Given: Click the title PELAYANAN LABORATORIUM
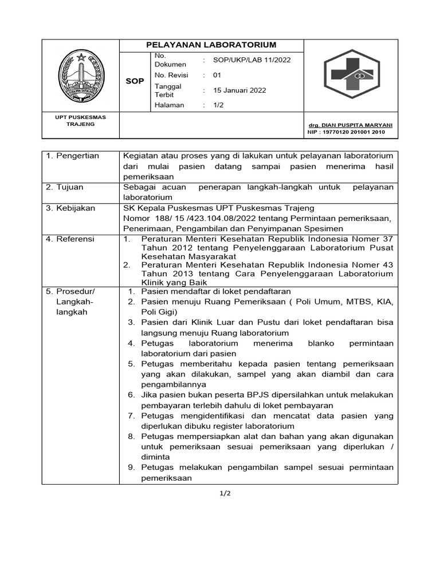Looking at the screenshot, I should click(x=211, y=45).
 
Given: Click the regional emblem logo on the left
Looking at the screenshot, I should click(x=81, y=74).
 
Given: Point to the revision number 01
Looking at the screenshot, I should click(x=217, y=75).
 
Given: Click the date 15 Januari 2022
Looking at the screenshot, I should click(x=239, y=90).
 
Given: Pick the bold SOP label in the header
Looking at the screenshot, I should click(x=135, y=81).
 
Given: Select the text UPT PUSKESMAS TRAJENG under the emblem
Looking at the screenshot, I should click(x=80, y=120).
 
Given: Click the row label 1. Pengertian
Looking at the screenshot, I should click(x=72, y=156).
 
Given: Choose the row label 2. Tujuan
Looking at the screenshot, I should click(x=65, y=187).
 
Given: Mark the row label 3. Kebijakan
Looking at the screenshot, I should click(x=70, y=208).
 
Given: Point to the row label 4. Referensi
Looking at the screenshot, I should click(x=70, y=239).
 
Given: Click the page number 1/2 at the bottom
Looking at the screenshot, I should click(x=220, y=493).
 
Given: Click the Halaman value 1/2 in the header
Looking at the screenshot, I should click(x=218, y=105).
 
